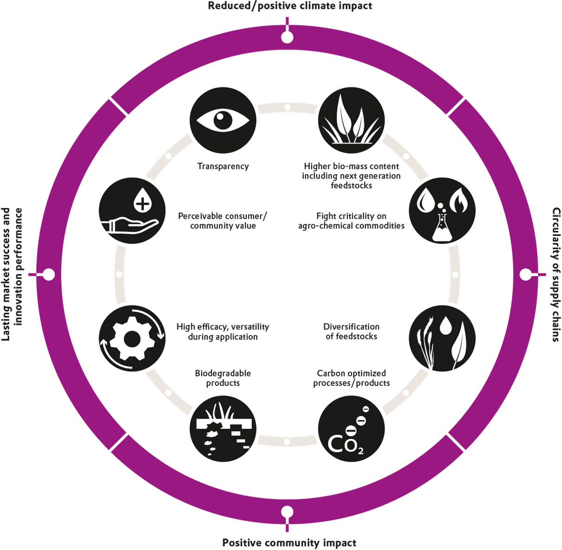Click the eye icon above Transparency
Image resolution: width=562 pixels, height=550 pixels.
(223, 120)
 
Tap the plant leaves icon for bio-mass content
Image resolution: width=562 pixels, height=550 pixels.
(351, 120)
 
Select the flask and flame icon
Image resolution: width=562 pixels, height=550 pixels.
(442, 211)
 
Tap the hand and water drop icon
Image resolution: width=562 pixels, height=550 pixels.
(132, 211)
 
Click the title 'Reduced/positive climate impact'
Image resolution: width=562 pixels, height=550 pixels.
(290, 6)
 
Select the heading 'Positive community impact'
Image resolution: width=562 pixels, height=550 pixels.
(289, 543)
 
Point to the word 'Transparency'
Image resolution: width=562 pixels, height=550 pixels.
(223, 166)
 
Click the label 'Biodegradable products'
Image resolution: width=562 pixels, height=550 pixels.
(223, 378)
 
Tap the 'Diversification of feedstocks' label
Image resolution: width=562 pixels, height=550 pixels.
(351, 332)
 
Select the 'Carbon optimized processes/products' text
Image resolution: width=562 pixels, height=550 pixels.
(351, 378)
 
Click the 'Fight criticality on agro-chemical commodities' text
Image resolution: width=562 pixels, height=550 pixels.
(351, 221)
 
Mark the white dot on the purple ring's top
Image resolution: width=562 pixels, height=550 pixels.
(287, 37)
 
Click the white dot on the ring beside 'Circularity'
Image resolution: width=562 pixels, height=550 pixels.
(525, 275)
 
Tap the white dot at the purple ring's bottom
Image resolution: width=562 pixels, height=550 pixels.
(287, 512)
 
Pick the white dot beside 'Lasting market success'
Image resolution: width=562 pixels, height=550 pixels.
(49, 274)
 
